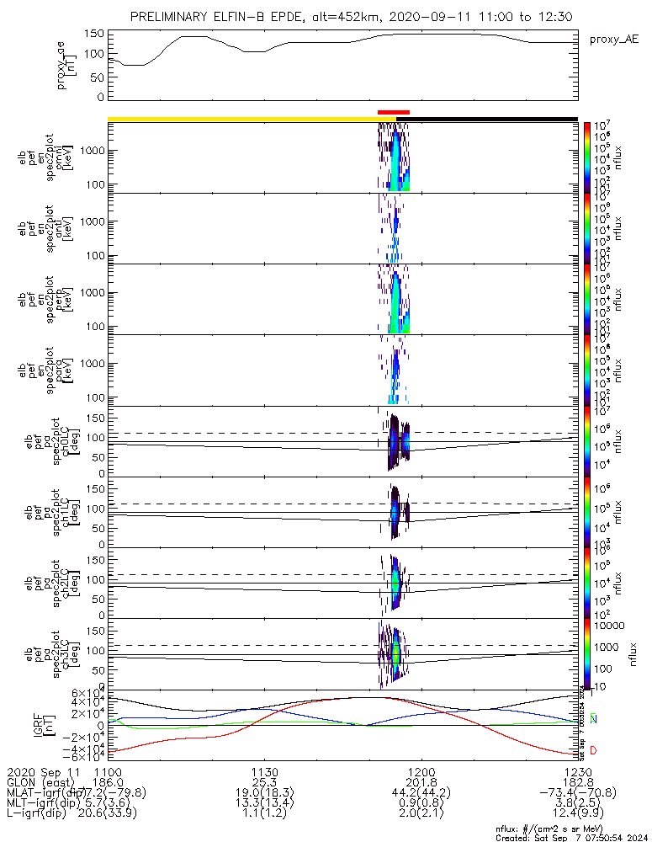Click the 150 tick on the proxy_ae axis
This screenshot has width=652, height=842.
tap(94, 34)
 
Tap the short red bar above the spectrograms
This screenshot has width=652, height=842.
tap(394, 111)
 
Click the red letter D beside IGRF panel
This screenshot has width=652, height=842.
tap(593, 750)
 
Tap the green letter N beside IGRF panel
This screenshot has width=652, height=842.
tap(593, 718)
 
